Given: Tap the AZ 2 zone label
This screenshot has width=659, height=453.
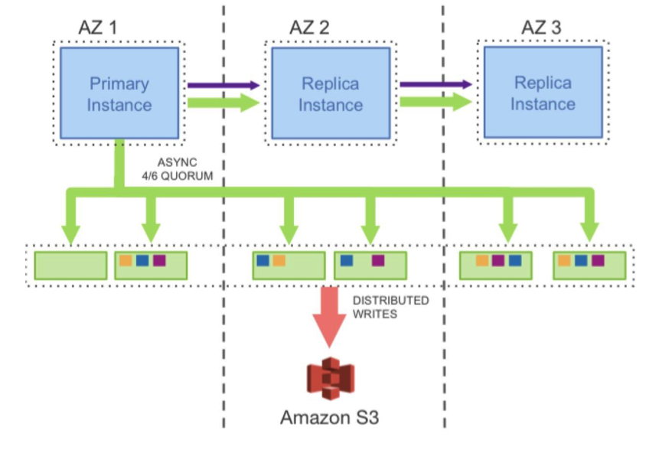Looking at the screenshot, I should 308,28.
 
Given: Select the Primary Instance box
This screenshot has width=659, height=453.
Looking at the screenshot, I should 119,93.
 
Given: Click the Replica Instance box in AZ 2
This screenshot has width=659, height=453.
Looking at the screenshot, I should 330,93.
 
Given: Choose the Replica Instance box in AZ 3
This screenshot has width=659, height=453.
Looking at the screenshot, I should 543,93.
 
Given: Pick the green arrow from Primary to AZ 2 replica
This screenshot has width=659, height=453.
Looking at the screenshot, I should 223,103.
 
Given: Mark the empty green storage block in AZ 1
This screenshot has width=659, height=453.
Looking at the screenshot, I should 70,265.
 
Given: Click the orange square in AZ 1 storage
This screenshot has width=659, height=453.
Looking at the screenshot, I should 126,261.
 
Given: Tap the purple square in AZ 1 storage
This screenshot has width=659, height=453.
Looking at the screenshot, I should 159,261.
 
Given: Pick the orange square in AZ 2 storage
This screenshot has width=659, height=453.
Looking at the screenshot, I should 279,261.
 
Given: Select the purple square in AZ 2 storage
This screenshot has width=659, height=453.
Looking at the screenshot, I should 378,261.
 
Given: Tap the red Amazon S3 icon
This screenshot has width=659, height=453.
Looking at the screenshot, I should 330,379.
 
